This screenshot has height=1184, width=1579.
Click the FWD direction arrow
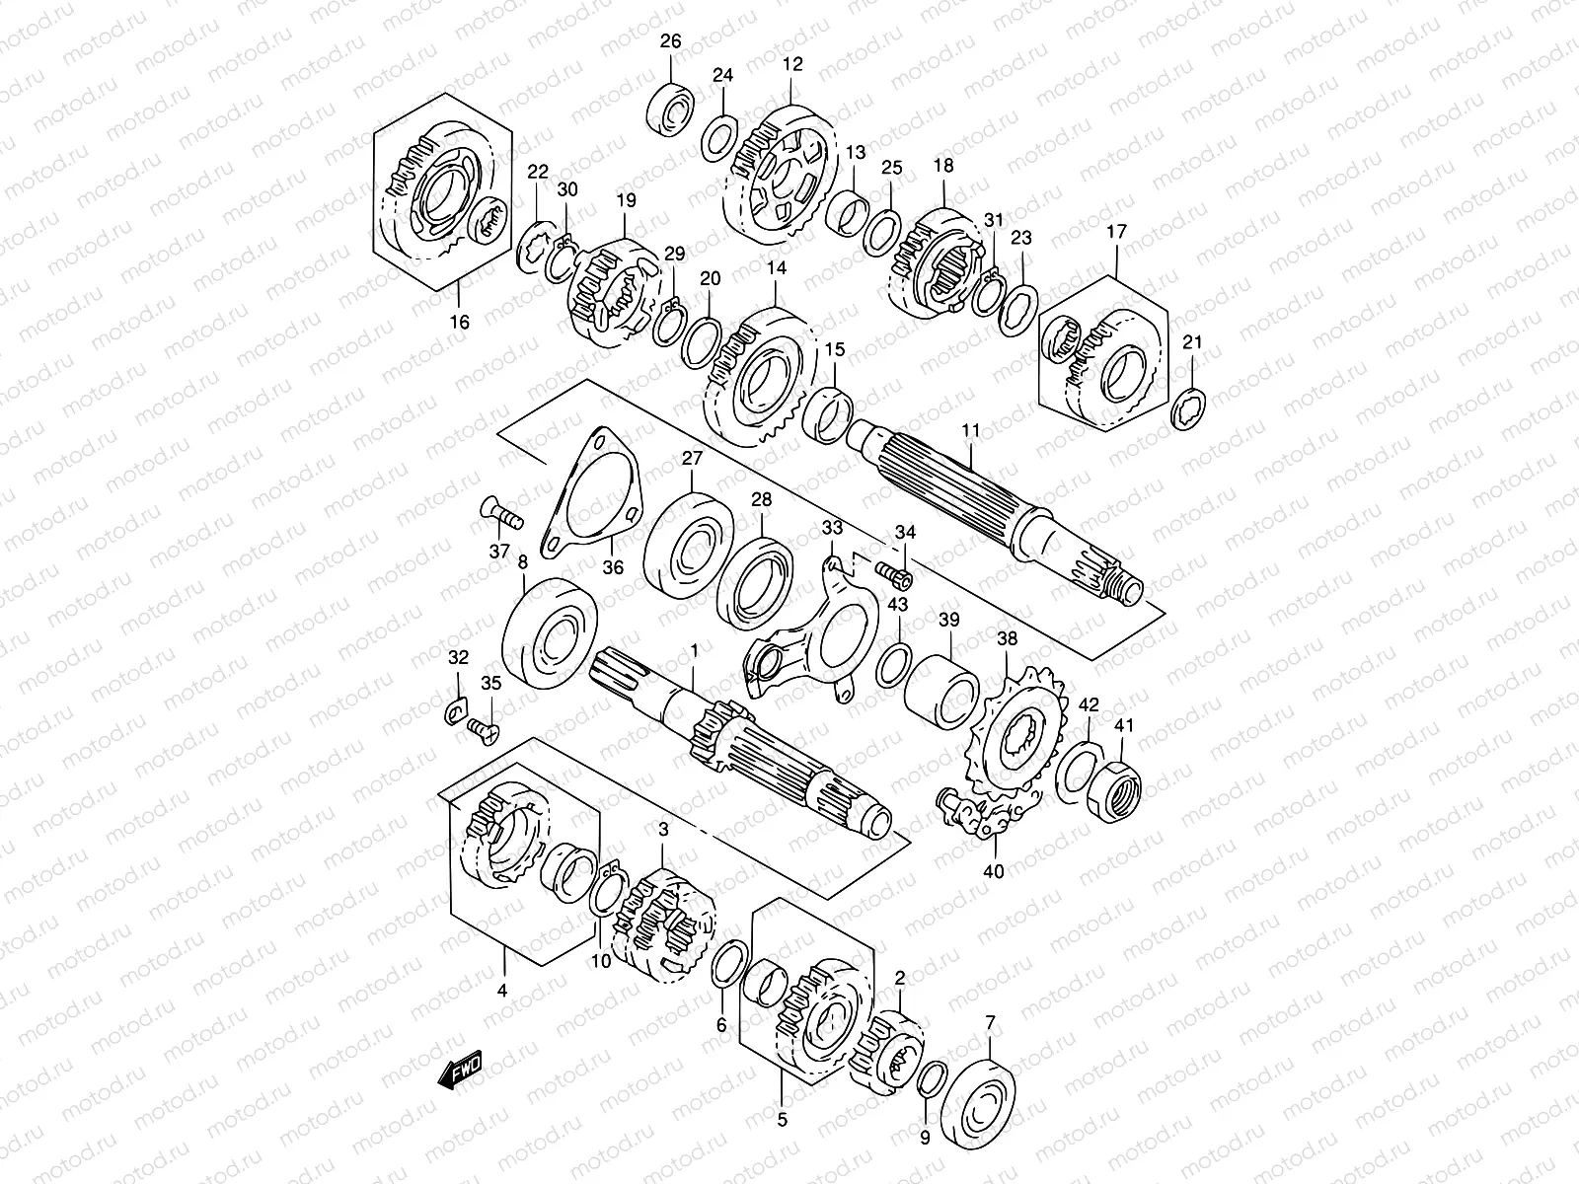[x=461, y=1070]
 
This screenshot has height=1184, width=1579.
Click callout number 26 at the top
[x=671, y=41]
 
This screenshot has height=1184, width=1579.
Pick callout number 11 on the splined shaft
[x=971, y=430]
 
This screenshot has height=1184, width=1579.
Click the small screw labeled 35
[x=484, y=728]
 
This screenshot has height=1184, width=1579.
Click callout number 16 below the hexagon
[x=460, y=322]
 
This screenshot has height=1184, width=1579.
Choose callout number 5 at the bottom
[x=783, y=1120]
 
